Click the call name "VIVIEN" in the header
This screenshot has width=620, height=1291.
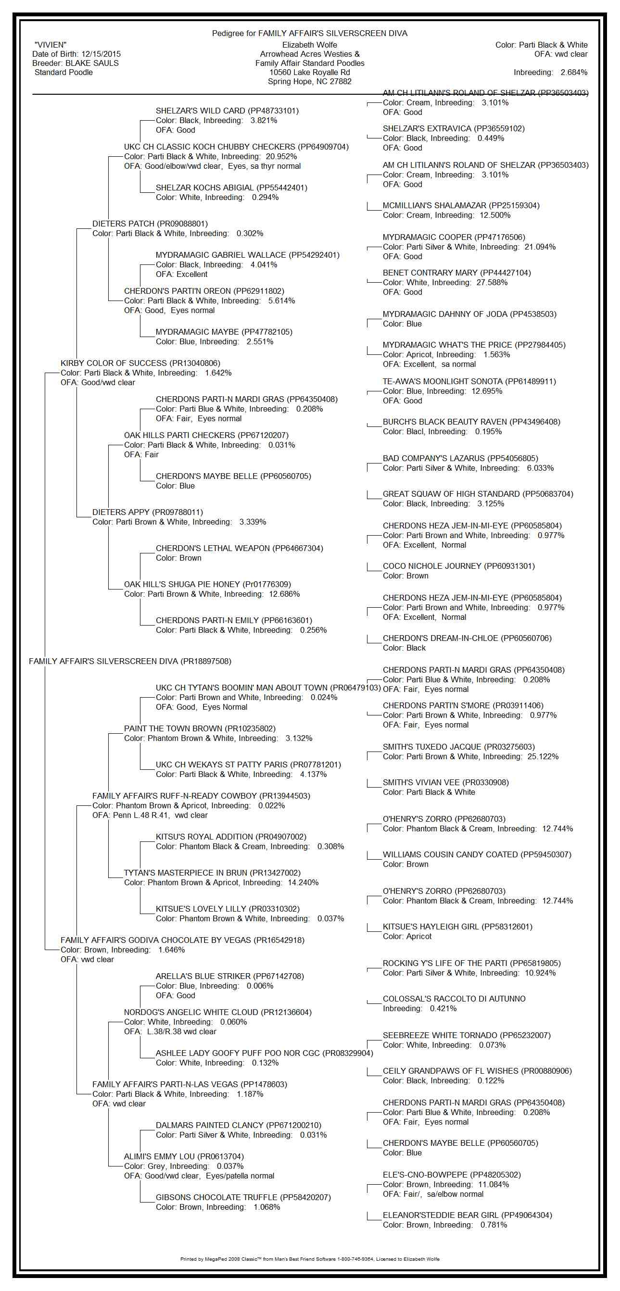coord(51,45)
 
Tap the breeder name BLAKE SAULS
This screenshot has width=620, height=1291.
coord(92,63)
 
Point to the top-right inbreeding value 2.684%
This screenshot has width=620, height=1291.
coord(574,73)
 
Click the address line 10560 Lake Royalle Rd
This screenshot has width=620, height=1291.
coord(309,73)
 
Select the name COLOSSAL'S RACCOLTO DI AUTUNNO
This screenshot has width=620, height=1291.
coord(454,999)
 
